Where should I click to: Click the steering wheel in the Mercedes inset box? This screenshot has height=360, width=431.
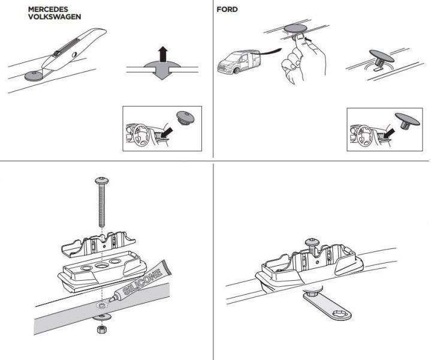coord(140,135)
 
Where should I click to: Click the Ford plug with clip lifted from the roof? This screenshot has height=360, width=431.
coord(380,58)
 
